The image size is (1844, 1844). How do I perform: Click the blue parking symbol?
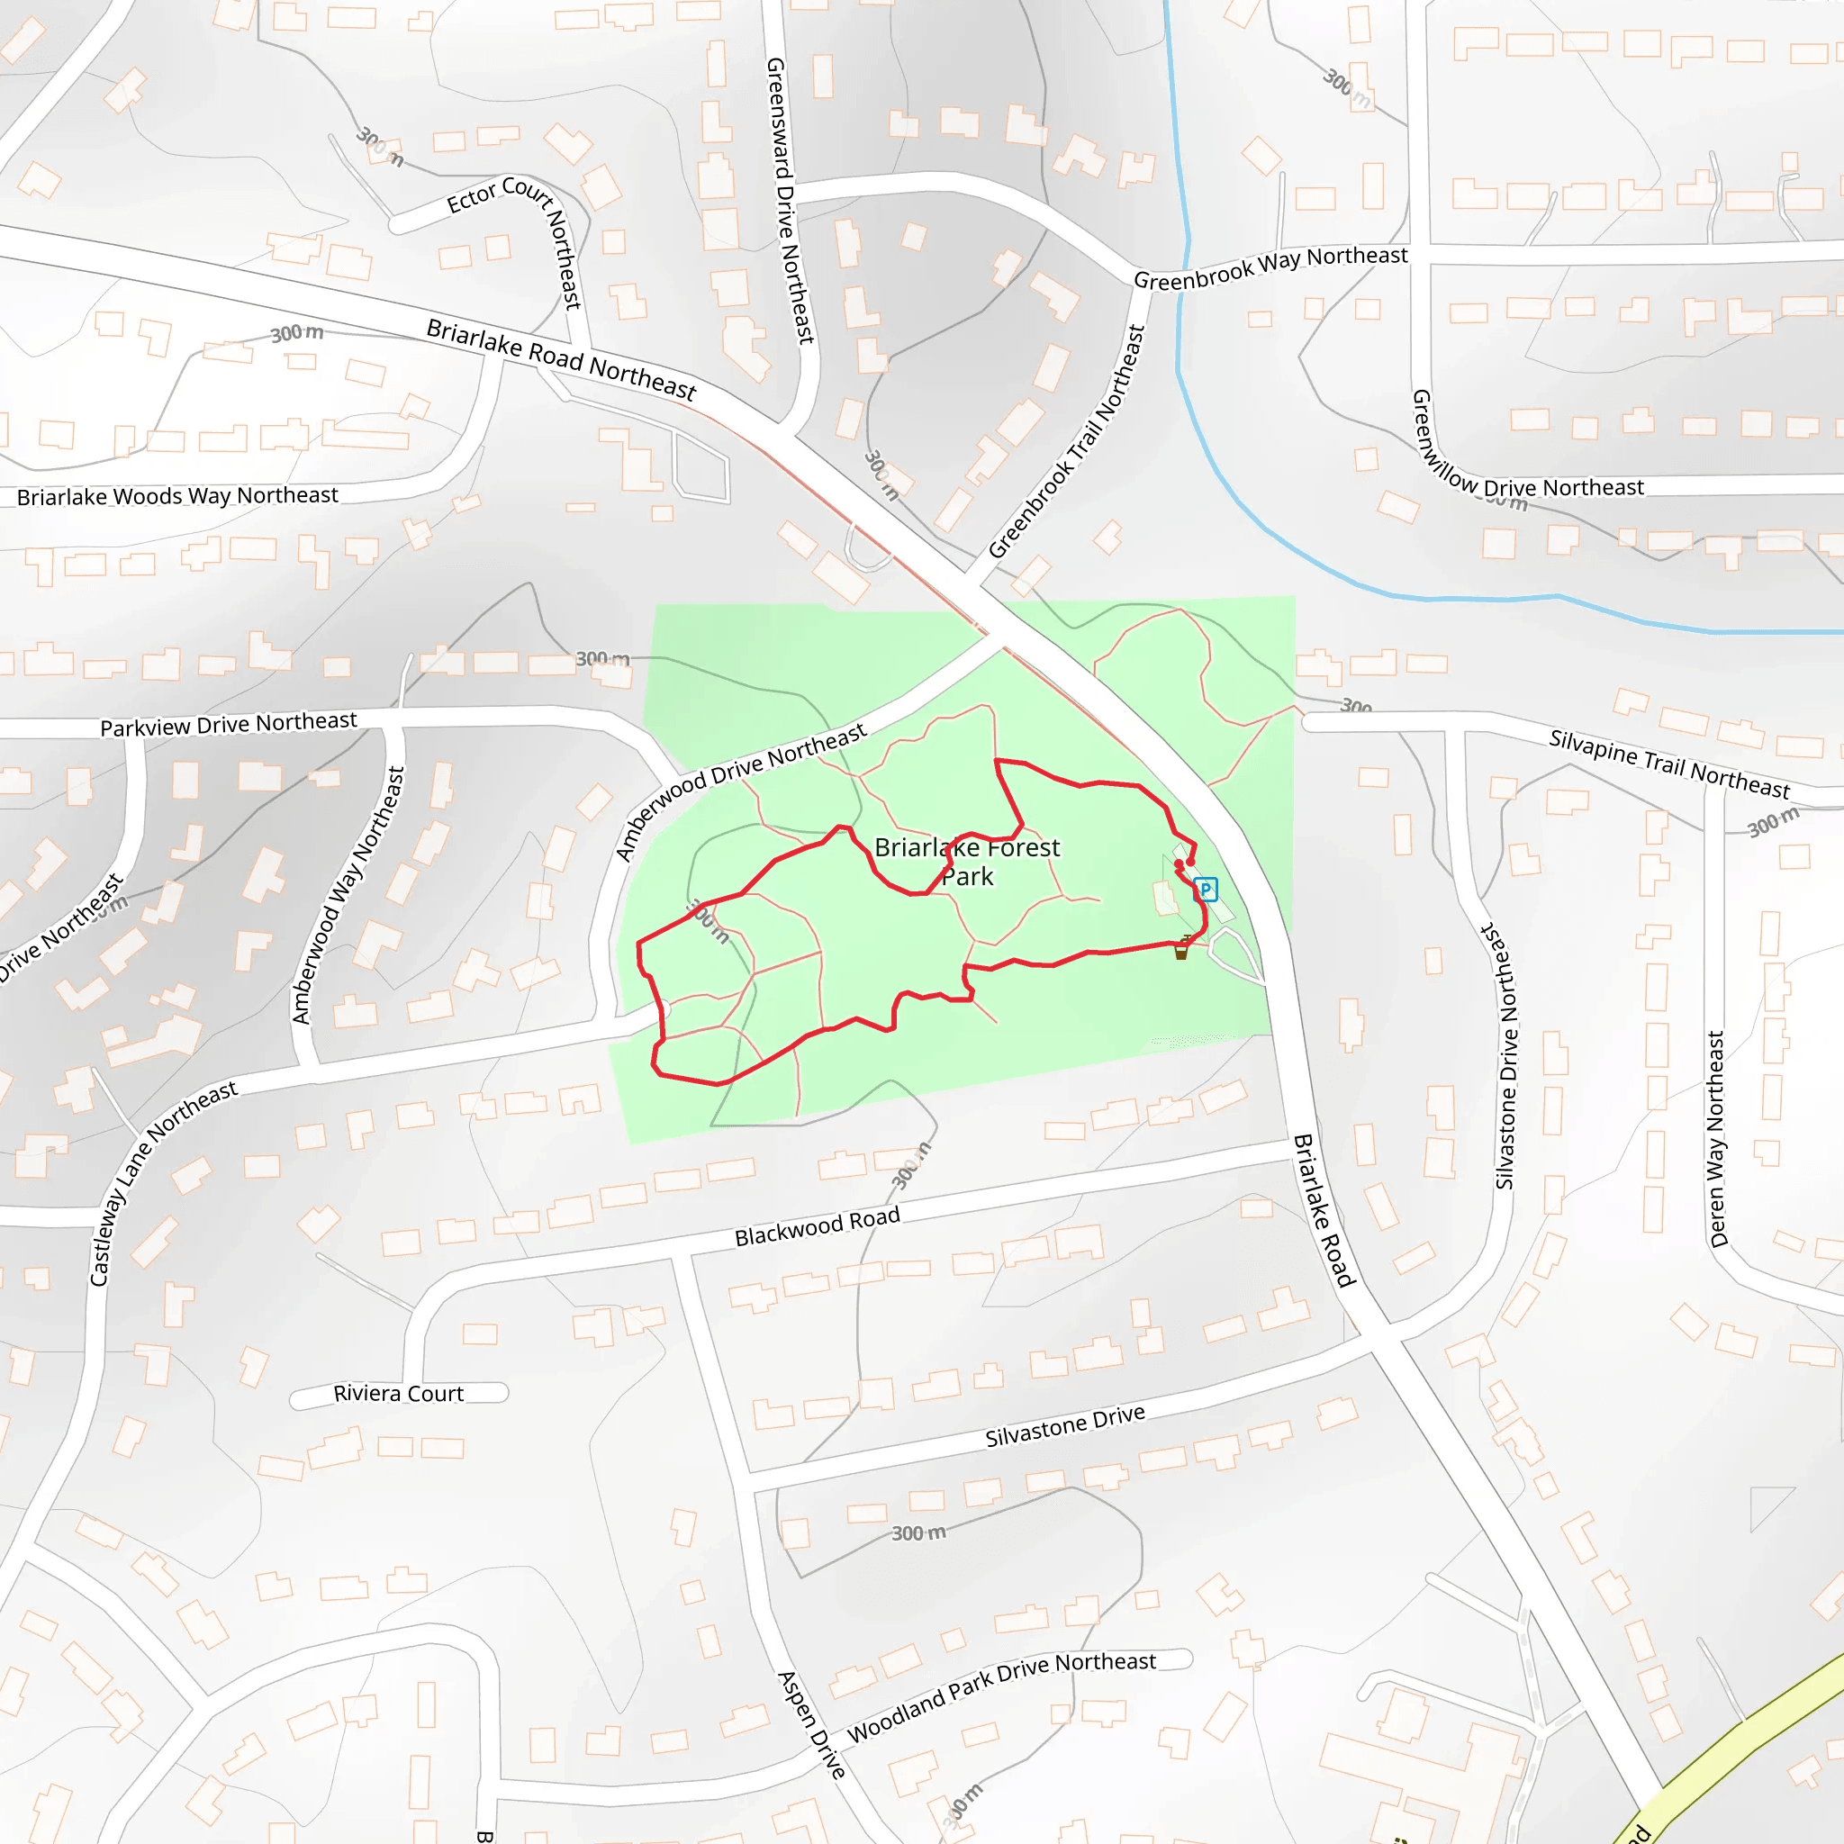[x=1206, y=890]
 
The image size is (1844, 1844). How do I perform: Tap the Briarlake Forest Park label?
[x=967, y=861]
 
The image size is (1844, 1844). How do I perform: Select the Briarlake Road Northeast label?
[x=561, y=359]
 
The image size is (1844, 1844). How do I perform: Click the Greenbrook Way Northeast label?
[x=1270, y=267]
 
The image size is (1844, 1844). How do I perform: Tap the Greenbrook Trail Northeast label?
[x=1067, y=441]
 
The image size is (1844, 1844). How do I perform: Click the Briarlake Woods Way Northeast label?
[x=177, y=496]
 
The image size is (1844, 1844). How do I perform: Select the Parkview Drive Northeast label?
[x=228, y=724]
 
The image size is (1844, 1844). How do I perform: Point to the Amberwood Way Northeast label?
[x=349, y=895]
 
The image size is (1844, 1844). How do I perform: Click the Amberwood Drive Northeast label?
[x=740, y=791]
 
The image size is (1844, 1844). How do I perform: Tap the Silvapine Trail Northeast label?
[x=1669, y=764]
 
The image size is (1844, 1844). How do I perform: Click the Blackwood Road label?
[x=817, y=1226]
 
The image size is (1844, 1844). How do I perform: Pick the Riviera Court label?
[x=398, y=1394]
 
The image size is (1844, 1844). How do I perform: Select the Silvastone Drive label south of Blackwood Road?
[x=1064, y=1426]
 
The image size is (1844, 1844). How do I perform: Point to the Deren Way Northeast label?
[x=1717, y=1139]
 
